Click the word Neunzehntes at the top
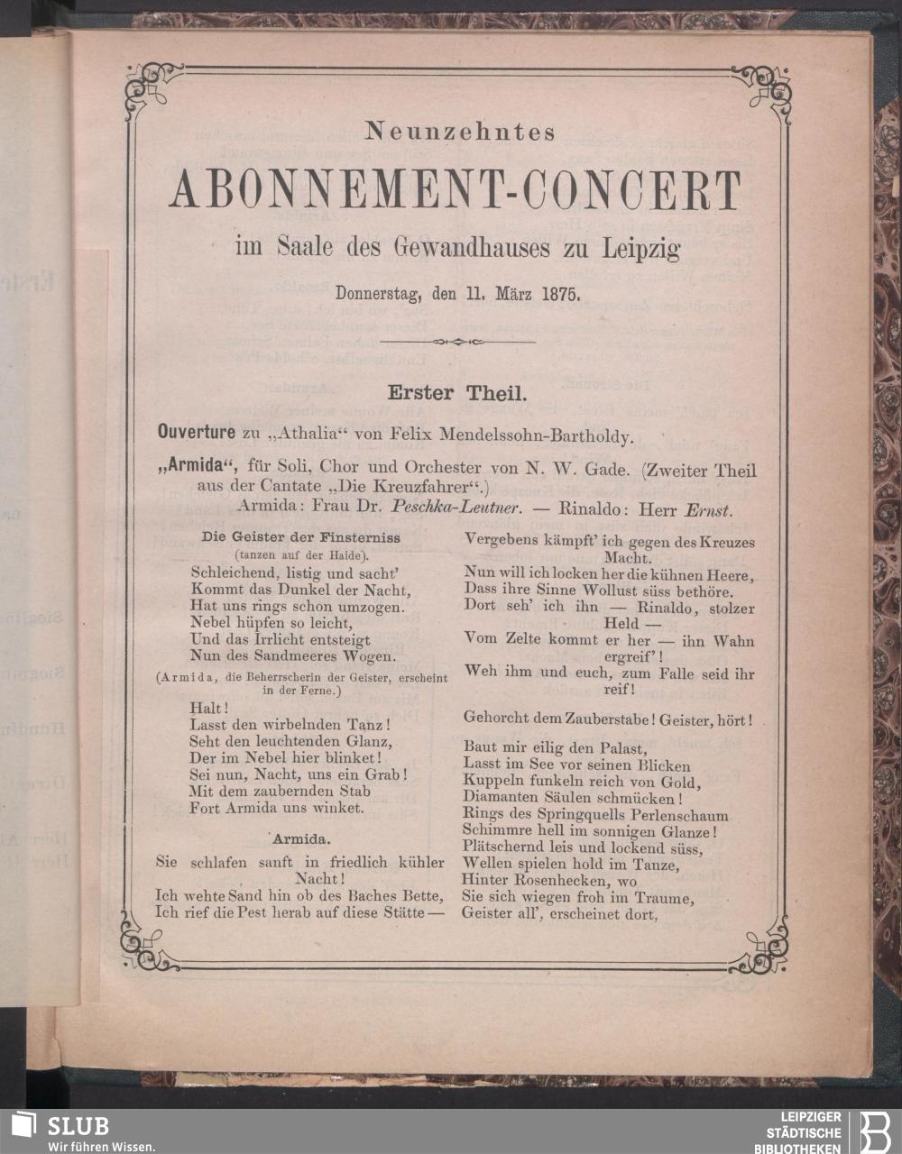(459, 133)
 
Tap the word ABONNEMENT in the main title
(316, 191)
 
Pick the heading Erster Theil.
(451, 393)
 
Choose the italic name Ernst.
(706, 509)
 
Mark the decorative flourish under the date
(458, 342)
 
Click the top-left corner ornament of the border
(143, 87)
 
